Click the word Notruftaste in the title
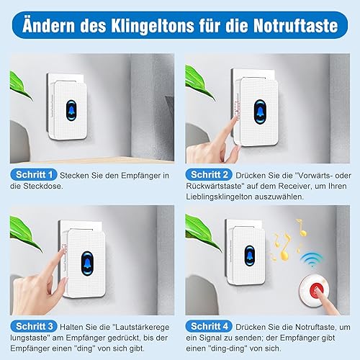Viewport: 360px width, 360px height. tap(296, 25)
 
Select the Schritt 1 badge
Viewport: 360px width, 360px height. tap(34, 174)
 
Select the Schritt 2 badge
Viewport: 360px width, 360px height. tap(209, 174)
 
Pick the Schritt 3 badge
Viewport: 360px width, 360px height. tap(34, 326)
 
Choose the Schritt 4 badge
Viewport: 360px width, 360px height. tap(209, 326)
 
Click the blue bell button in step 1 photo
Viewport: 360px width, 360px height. tap(71, 110)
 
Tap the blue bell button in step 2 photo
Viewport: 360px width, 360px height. tap(260, 112)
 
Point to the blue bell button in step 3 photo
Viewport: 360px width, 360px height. tap(87, 264)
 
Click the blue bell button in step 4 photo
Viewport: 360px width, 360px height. tap(250, 256)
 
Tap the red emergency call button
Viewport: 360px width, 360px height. tap(316, 291)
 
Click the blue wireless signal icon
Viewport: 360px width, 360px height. tap(312, 259)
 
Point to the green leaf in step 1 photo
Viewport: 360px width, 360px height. tap(19, 85)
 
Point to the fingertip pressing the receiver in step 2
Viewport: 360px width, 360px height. tap(234, 118)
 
